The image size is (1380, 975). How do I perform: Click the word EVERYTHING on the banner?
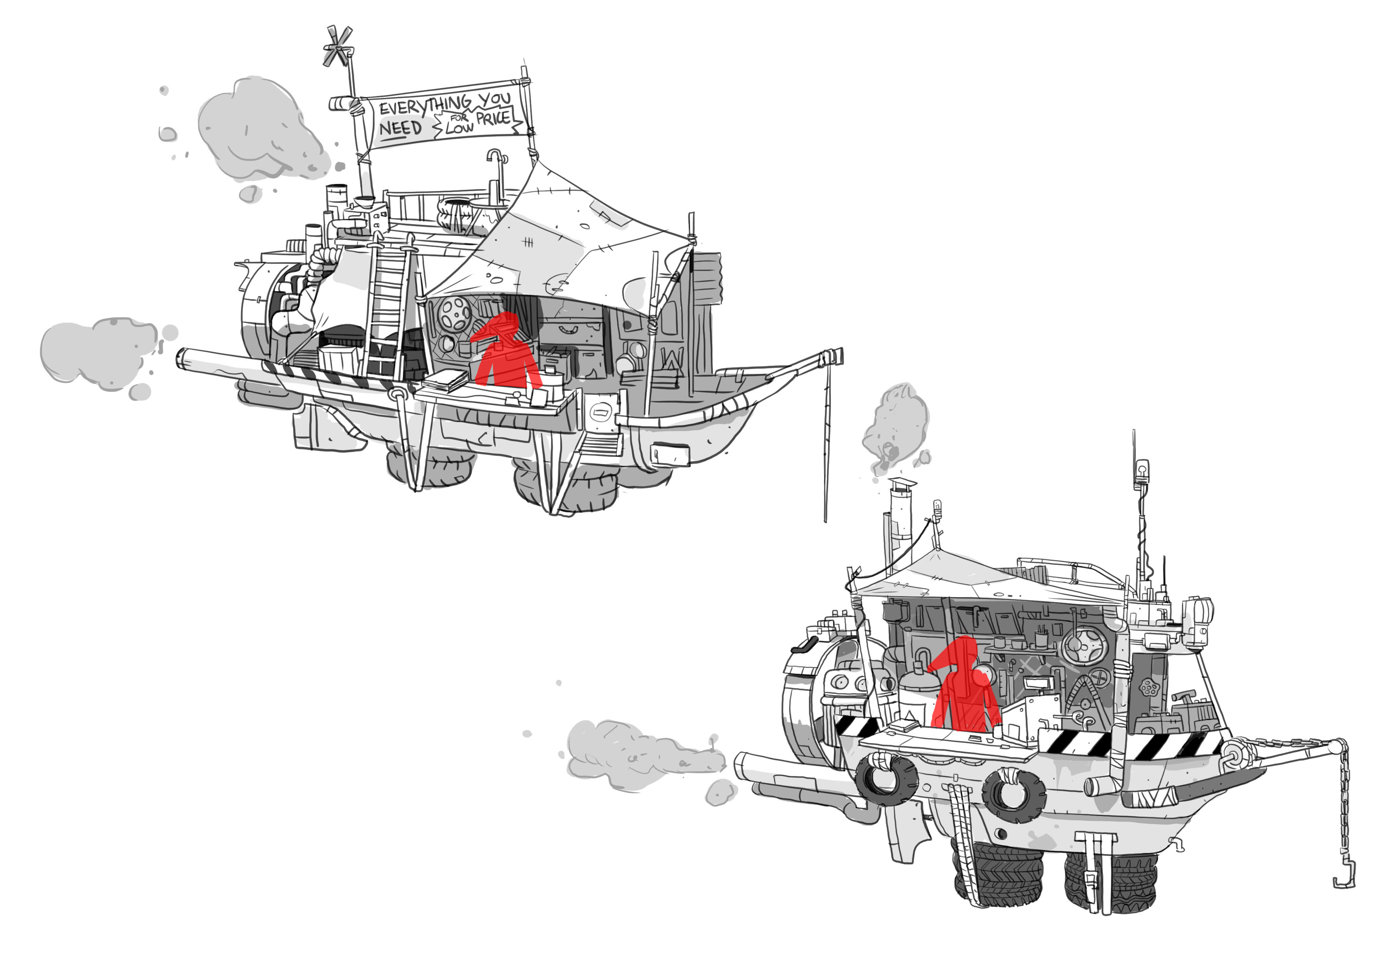(425, 105)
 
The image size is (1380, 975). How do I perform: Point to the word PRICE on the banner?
(493, 118)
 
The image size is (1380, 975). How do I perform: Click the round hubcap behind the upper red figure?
(455, 313)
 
